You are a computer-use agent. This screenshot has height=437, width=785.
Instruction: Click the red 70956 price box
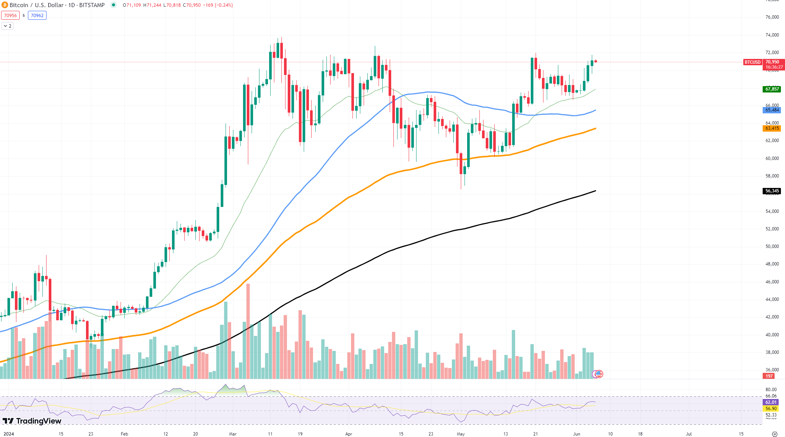pos(10,16)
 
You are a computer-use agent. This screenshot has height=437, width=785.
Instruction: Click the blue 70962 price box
pos(37,16)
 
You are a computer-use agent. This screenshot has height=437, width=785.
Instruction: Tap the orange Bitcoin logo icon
pos(5,5)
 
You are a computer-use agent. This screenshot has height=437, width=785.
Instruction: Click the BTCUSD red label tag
pos(752,62)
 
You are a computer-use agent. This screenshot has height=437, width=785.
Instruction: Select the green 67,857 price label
pos(772,89)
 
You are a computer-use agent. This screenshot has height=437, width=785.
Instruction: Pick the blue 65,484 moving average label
pos(772,110)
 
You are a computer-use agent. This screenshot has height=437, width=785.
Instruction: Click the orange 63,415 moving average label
pos(772,128)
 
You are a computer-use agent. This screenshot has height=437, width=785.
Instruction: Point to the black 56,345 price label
pos(772,191)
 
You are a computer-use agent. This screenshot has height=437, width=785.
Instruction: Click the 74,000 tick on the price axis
pos(772,35)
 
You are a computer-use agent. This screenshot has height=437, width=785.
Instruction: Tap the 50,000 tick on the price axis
pos(772,246)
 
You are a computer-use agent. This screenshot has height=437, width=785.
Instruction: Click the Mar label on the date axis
pos(233,434)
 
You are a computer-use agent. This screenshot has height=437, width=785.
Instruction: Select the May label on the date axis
pos(461,434)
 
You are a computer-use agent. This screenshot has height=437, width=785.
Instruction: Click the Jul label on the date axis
pos(689,434)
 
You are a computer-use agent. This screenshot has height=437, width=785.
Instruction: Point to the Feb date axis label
pos(124,434)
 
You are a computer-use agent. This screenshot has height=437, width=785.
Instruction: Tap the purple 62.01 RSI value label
pos(770,402)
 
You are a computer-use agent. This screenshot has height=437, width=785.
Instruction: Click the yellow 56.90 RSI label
pos(770,409)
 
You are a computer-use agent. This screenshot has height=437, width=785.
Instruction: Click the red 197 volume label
pos(769,376)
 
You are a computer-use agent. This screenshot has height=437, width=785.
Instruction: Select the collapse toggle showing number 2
pos(7,26)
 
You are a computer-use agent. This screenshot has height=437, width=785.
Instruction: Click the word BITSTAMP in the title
pos(92,5)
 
